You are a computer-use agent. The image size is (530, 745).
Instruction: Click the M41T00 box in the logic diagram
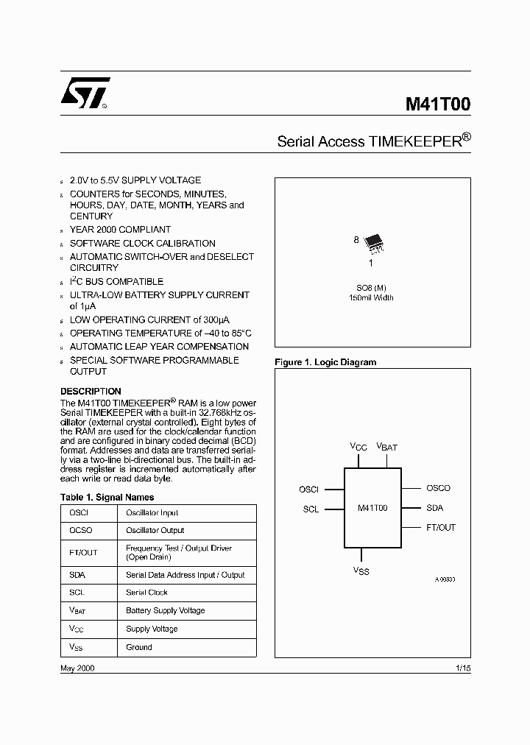pyautogui.click(x=372, y=507)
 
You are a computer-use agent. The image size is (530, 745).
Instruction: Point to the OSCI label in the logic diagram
pyautogui.click(x=308, y=489)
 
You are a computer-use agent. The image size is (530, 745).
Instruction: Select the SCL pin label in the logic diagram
pyautogui.click(x=311, y=509)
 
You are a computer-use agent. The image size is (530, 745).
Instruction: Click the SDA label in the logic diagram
pyautogui.click(x=434, y=508)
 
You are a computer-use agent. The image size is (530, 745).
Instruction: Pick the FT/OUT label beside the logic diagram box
pyautogui.click(x=441, y=528)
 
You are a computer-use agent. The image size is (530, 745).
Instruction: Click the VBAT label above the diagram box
pyautogui.click(x=387, y=447)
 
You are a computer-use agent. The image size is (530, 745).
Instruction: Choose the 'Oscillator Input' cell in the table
pyautogui.click(x=152, y=513)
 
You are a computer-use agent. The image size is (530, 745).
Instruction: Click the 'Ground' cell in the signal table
pyautogui.click(x=139, y=648)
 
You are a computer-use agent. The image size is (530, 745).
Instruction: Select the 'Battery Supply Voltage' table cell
pyautogui.click(x=166, y=611)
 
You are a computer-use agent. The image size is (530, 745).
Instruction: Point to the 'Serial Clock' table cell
pyautogui.click(x=147, y=593)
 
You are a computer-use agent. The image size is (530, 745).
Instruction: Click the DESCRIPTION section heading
pyautogui.click(x=91, y=392)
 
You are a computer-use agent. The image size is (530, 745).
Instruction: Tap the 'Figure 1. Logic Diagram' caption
pyautogui.click(x=325, y=362)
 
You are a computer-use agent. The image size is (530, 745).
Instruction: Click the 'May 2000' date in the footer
pyautogui.click(x=77, y=668)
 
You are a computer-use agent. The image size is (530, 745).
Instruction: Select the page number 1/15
pyautogui.click(x=463, y=668)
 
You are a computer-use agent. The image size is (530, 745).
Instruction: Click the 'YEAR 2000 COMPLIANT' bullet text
pyautogui.click(x=120, y=230)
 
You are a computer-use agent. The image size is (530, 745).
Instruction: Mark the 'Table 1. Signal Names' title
pyautogui.click(x=107, y=498)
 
